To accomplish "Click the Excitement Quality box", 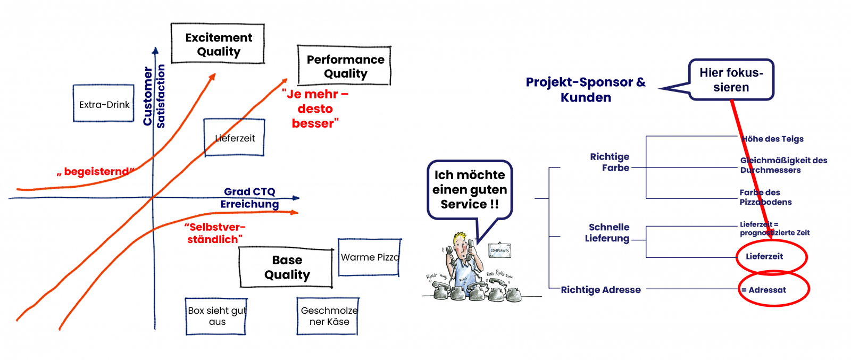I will pos(218,44).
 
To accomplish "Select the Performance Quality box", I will pos(345,66).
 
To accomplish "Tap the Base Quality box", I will pos(286,267).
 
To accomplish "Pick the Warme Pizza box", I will pos(369,257).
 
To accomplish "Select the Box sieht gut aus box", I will pos(216,316).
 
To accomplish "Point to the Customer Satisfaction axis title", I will pos(154,96).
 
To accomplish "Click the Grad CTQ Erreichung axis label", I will pos(249,198).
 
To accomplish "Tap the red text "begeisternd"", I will pos(96,172).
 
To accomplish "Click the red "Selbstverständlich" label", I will pos(214,233).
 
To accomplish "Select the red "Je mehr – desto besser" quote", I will pos(315,108).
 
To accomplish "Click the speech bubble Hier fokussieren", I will pos(731,80).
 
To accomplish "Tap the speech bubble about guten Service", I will pos(469,189).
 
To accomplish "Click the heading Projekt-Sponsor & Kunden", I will pos(586,89).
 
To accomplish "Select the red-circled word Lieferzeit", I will pos(764,256).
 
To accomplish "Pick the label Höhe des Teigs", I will pos(772,139).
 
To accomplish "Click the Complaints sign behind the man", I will pos(499,250).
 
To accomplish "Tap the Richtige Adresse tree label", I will pos(600,290).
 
